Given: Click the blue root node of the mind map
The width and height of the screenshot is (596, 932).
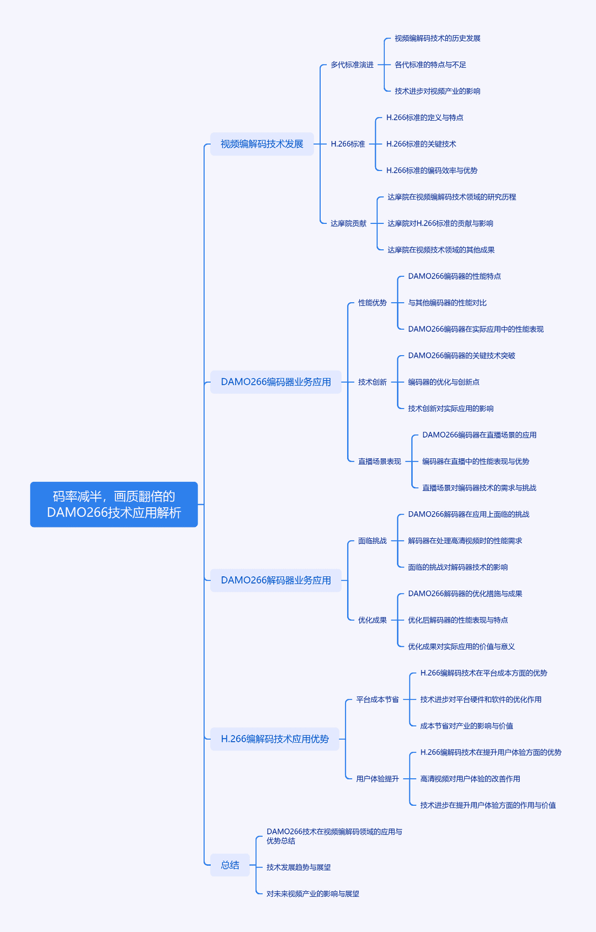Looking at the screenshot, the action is point(114,504).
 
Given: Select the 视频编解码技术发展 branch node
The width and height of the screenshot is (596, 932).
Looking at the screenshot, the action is point(262,144).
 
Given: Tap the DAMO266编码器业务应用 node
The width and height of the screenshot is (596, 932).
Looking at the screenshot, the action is point(276,382).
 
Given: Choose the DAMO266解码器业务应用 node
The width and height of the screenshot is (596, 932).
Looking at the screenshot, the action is point(276,580).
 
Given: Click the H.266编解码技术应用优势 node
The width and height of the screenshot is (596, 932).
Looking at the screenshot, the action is point(275,739).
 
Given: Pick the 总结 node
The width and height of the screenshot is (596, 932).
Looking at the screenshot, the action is point(230,865).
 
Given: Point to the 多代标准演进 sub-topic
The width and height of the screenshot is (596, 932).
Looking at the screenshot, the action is point(352,65).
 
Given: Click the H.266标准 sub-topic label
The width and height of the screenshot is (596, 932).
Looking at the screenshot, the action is point(348,144).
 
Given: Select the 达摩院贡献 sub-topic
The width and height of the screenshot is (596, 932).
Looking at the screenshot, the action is point(348,223).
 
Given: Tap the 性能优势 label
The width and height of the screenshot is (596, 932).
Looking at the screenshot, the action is point(372,303).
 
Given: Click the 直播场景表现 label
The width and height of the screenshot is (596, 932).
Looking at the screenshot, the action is point(380,462).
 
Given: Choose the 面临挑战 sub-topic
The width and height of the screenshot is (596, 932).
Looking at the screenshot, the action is point(372,541).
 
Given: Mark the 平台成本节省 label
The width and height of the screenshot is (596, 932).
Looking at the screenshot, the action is point(377,699).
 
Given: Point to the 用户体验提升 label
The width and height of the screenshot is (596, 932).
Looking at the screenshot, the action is point(377,779).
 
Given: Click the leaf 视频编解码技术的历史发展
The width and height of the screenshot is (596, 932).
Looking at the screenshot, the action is point(437,38).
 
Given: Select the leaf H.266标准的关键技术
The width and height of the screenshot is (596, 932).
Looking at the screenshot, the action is point(421,144).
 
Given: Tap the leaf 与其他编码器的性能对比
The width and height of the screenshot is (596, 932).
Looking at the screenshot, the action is point(448,303).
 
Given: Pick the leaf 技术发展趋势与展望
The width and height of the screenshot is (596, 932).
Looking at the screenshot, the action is point(299,867).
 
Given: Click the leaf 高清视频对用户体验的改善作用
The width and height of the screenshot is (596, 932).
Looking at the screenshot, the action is point(470,779).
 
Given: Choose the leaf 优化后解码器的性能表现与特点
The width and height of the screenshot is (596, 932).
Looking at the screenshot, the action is point(457,620).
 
